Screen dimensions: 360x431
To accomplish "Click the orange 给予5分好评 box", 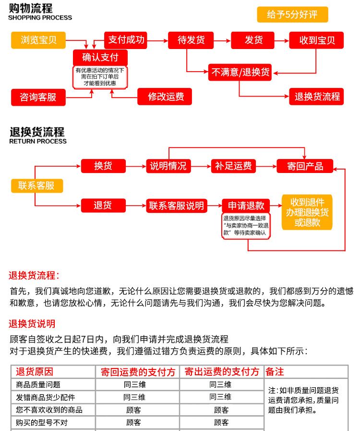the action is click(x=292, y=14).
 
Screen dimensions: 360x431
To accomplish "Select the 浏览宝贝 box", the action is click(x=38, y=40).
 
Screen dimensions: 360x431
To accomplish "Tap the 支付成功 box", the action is click(x=125, y=40).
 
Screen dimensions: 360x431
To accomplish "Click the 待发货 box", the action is click(x=191, y=40).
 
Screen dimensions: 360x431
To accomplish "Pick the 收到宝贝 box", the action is click(x=316, y=40).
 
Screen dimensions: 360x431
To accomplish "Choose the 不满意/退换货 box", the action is click(x=240, y=72).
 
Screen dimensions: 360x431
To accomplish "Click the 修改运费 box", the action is click(x=165, y=97).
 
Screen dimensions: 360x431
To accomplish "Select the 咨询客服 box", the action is click(x=38, y=98).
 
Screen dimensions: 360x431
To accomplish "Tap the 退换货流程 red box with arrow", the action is click(x=316, y=97).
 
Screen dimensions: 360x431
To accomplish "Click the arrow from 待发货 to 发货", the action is click(x=222, y=41).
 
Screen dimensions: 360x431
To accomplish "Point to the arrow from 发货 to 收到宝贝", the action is click(x=282, y=41).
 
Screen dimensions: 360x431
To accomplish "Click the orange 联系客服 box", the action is click(x=37, y=186).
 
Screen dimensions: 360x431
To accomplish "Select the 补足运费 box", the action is click(x=233, y=166).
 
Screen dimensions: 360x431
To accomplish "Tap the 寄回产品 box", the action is click(x=305, y=166).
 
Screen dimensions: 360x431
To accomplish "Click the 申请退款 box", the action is click(x=246, y=206).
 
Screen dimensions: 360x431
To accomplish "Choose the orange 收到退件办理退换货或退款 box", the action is click(x=307, y=212).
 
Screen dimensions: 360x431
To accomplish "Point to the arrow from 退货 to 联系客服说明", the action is click(x=136, y=206).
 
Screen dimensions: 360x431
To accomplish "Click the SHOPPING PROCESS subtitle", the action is click(x=40, y=18).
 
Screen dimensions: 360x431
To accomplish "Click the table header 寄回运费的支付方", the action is click(x=138, y=372).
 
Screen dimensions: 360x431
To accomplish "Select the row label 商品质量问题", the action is click(x=38, y=384).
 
